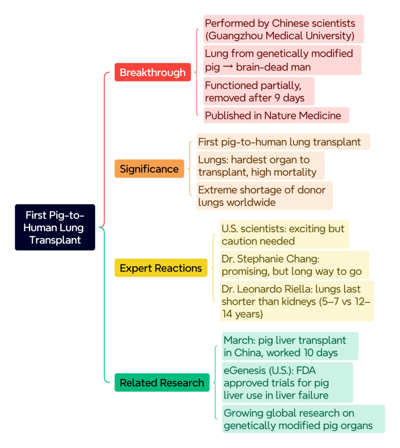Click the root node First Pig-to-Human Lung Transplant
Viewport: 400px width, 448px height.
[55, 227]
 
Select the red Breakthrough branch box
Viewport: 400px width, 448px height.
[153, 72]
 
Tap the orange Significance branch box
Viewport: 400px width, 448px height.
[149, 169]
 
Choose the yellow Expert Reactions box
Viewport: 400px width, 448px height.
[161, 268]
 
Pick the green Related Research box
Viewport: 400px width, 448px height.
[162, 382]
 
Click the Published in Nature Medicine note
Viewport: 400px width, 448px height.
[276, 115]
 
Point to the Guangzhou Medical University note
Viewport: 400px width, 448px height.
[283, 29]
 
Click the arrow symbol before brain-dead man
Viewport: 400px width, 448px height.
[228, 66]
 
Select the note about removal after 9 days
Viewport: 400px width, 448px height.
[259, 91]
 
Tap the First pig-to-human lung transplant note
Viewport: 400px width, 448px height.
[283, 142]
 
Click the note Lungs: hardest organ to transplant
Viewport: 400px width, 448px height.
[260, 165]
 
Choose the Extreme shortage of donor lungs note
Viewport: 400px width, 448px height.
[264, 196]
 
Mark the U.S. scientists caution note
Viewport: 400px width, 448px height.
[284, 235]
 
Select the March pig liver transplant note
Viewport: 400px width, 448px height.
[290, 346]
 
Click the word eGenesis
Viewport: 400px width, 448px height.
[245, 371]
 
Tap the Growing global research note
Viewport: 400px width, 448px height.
[303, 419]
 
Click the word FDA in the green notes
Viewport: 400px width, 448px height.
[306, 371]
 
